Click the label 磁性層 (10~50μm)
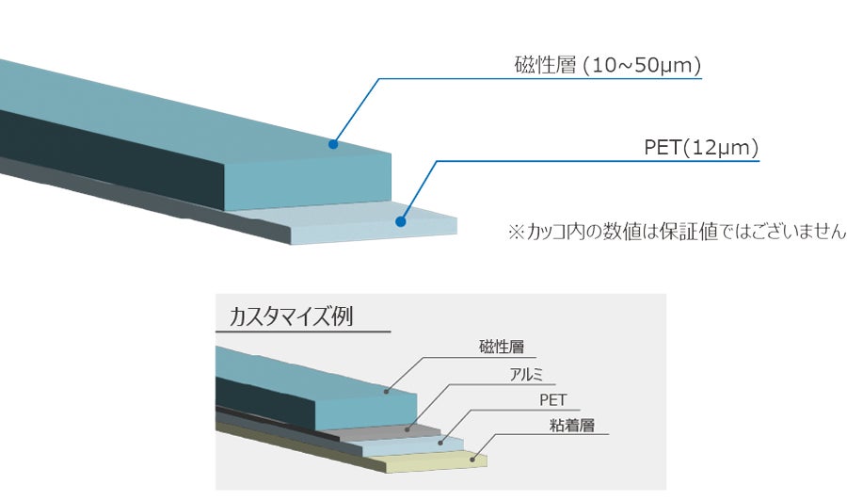608,66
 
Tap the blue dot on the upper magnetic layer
332,144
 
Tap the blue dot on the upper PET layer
400,223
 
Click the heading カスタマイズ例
291,316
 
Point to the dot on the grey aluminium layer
408,428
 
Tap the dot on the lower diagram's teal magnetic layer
386,390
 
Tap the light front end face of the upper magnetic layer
311,184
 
